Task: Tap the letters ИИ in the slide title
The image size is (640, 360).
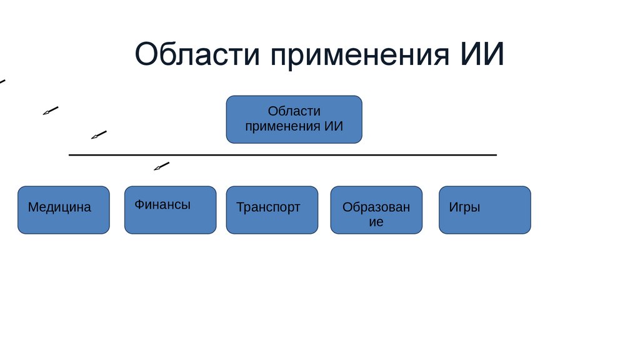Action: coord(481,55)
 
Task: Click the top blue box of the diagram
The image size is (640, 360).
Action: coord(294,119)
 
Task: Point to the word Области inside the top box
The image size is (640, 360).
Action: coord(294,111)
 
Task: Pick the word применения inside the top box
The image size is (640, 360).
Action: coord(283,126)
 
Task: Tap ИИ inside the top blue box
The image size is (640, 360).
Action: coord(334,126)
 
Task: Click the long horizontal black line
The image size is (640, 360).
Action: coord(282,154)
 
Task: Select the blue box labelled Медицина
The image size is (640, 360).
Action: coord(63,210)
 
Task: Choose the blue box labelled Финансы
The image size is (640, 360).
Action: coord(170,210)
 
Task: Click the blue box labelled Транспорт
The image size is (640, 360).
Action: coord(272,210)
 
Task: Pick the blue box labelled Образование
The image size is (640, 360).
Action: coord(376,210)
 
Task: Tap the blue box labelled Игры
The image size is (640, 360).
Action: coord(484,210)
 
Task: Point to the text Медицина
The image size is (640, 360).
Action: coord(59,207)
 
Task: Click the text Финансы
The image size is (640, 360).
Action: coord(162,204)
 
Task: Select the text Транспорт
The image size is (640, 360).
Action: coord(268,207)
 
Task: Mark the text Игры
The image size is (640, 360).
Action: coord(464,207)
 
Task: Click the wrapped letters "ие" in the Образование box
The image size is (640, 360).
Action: coord(376,222)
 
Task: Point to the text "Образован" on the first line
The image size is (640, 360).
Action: coord(376,207)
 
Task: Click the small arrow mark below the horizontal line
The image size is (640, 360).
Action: coord(161,166)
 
